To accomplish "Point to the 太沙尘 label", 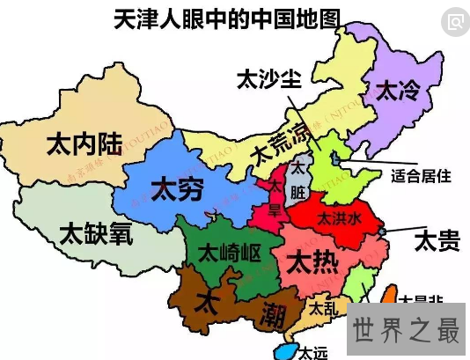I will pos(268,78).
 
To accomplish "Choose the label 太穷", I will pos(178,187).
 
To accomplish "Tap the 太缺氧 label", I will pos(96,232).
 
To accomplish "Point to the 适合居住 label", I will pos(420,176).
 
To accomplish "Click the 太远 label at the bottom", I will pos(312,352).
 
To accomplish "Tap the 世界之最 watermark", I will pos(407,331).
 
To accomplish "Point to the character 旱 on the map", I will pos(275,209).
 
